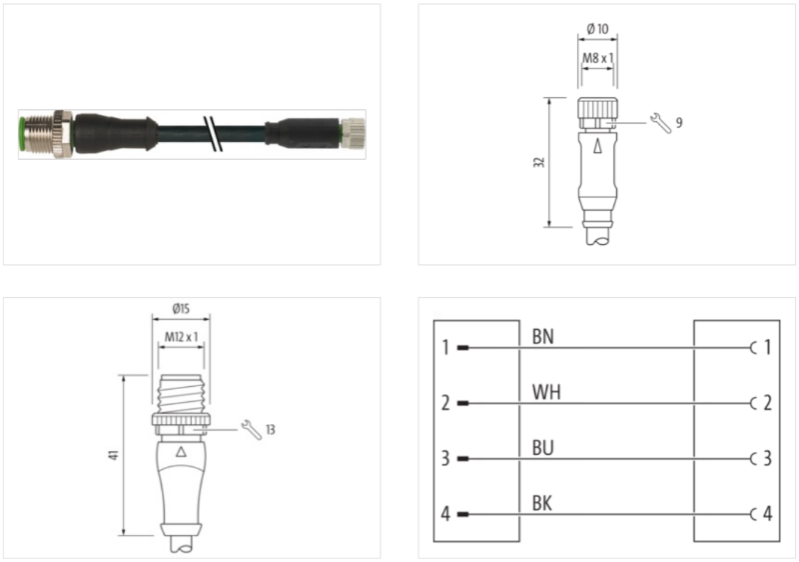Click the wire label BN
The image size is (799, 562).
pyautogui.click(x=542, y=337)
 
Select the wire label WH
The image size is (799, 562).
pyautogui.click(x=545, y=392)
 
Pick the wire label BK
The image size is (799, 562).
pyautogui.click(x=542, y=503)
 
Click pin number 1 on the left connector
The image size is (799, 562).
pyautogui.click(x=445, y=348)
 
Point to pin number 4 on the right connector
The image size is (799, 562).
pyautogui.click(x=767, y=515)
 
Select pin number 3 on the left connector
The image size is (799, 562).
pyautogui.click(x=445, y=459)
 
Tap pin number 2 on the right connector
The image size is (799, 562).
pyautogui.click(x=767, y=404)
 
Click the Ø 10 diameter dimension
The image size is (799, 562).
pyautogui.click(x=597, y=27)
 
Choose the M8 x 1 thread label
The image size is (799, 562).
pyautogui.click(x=597, y=58)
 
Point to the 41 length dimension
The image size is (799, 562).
pyautogui.click(x=115, y=455)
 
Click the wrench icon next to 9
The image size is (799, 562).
pyautogui.click(x=659, y=122)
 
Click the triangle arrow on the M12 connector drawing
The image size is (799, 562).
pyautogui.click(x=180, y=452)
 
